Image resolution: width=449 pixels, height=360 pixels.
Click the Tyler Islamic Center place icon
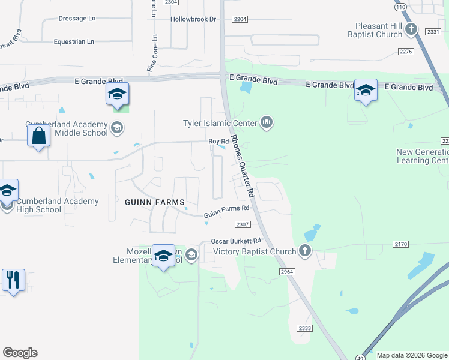[267, 124]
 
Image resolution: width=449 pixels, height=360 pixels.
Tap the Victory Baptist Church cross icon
[305, 251]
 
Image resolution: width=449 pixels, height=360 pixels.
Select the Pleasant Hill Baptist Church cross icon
[411, 29]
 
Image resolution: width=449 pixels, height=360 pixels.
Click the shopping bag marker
[38, 136]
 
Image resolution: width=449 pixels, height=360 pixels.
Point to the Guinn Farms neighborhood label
[154, 202]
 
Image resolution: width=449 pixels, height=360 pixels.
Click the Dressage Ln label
[77, 19]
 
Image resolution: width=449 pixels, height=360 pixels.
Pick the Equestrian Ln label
[74, 41]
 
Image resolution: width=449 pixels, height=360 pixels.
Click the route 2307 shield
[242, 224]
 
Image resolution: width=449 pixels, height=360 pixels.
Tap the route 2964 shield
[287, 272]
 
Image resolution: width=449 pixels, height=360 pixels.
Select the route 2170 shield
[401, 244]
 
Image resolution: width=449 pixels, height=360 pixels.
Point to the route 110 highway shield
[400, 7]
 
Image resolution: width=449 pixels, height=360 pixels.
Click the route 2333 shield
[305, 328]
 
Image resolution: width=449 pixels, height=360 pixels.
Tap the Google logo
[20, 353]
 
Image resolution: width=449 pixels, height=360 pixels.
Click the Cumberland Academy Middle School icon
[116, 127]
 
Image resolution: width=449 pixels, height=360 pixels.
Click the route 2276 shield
[406, 52]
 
